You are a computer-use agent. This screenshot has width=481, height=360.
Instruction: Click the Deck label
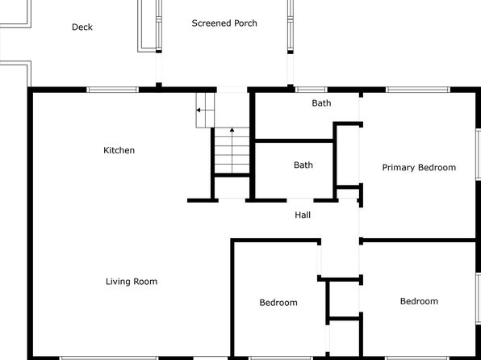[x=82, y=27]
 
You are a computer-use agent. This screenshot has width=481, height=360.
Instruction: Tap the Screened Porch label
[x=224, y=23]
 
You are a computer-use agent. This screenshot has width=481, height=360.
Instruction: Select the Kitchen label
[x=119, y=150]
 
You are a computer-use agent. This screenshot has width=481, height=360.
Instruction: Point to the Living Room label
[x=132, y=282]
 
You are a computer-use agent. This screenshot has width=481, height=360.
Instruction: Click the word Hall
[x=303, y=215]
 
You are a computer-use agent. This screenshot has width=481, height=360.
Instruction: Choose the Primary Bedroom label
[x=419, y=168]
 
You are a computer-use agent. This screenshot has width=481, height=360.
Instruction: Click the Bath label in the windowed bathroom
[x=321, y=103]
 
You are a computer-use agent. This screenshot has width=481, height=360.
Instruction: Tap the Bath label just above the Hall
[x=303, y=165]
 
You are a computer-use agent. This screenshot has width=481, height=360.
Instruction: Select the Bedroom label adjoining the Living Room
[x=278, y=303]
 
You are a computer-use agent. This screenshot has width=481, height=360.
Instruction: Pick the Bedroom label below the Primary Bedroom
[x=419, y=301]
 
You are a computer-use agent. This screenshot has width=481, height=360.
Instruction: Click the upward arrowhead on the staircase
[x=232, y=130]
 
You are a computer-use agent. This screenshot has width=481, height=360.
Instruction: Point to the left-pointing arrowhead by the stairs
[x=199, y=110]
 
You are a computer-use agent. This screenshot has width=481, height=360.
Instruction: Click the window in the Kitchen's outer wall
[x=112, y=90]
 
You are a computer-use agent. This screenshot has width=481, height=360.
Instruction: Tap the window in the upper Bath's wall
[x=312, y=90]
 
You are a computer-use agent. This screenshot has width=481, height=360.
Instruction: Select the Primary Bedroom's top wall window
[x=418, y=90]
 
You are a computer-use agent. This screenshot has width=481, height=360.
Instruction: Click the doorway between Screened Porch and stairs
[x=232, y=90]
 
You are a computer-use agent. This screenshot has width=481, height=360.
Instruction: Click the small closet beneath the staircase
[x=232, y=188]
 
